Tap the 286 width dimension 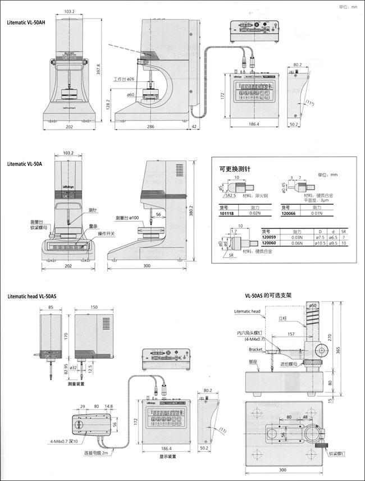pos(152,127)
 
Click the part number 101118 pos(228,214)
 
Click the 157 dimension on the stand pos(290,334)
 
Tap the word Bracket pos(255,349)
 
